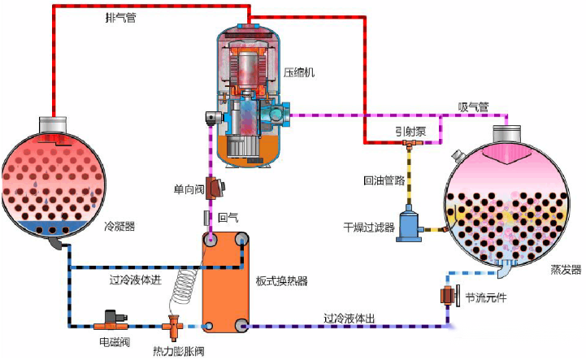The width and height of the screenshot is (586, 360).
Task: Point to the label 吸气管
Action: click(472, 106)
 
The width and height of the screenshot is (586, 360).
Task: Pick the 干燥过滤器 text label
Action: click(368, 228)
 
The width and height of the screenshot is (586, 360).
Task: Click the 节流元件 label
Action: click(484, 297)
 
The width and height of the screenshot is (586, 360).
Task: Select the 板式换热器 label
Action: click(283, 281)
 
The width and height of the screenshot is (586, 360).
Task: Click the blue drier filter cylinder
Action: click(408, 223)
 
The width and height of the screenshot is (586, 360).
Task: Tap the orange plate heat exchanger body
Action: click(225, 280)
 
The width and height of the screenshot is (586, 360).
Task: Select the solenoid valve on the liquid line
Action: click(111, 316)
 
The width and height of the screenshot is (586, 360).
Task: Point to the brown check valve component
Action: click(217, 189)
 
